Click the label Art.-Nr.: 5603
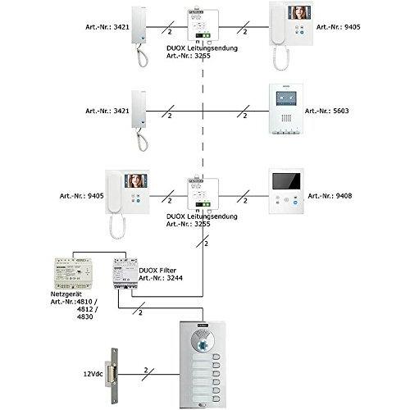click(x=326, y=111)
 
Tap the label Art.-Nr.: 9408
click(x=330, y=196)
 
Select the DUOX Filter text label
click(x=157, y=271)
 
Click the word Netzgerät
click(x=66, y=294)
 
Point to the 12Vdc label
click(x=93, y=374)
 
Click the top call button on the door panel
click(x=216, y=358)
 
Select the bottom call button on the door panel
click(x=216, y=399)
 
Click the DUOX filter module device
click(x=125, y=273)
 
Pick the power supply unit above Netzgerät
click(x=73, y=274)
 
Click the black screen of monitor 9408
click(x=286, y=181)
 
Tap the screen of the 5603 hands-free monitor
click(x=286, y=98)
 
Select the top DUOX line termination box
click(x=203, y=25)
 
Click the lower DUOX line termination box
click(x=203, y=194)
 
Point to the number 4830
click(x=85, y=317)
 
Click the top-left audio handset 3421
click(x=139, y=37)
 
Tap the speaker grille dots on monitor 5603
click(x=286, y=118)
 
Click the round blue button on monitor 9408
click(x=295, y=203)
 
